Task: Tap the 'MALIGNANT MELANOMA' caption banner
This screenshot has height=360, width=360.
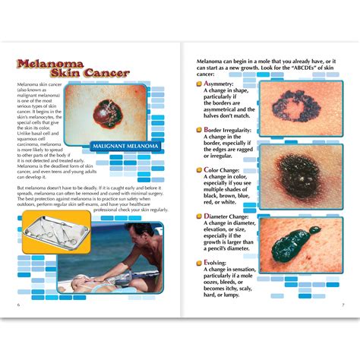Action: tap(127, 144)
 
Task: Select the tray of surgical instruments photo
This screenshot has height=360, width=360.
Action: tap(55, 232)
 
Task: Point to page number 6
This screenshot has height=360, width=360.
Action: tap(17, 305)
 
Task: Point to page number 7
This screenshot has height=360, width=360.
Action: tap(342, 305)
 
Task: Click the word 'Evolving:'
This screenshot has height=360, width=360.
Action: tap(218, 264)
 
